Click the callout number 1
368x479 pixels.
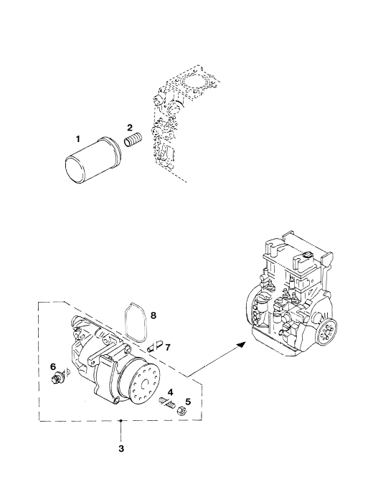coord(78,139)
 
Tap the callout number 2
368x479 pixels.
coord(130,127)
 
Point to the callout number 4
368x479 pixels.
coord(170,392)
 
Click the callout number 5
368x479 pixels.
coord(188,402)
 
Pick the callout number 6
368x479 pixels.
coord(53,366)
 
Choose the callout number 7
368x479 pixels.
coord(167,347)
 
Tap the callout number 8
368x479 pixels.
coord(153,315)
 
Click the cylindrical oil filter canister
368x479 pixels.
coord(93,161)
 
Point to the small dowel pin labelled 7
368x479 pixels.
coord(155,347)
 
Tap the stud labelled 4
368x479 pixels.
coord(167,402)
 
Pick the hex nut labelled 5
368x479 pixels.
coord(181,411)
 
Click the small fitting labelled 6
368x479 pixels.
coord(58,376)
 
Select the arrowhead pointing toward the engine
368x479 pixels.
coord(242,344)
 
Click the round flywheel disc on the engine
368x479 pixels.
coord(327,331)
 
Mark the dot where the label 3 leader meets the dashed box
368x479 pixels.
coord(121,421)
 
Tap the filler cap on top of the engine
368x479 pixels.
coord(308,254)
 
